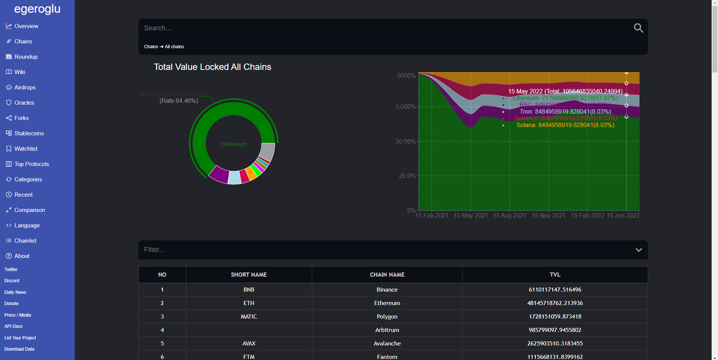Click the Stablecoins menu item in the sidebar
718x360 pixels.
click(x=29, y=133)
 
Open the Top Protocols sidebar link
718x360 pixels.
click(x=31, y=164)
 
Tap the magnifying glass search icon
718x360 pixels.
click(x=638, y=28)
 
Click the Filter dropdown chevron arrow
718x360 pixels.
click(x=639, y=250)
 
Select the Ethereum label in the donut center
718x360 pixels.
click(x=233, y=144)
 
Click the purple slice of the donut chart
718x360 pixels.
click(x=219, y=174)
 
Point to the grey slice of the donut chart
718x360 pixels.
click(x=267, y=151)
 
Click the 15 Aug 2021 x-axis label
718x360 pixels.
click(x=509, y=216)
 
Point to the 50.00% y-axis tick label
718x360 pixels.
click(x=405, y=141)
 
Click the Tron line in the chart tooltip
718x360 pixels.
click(x=565, y=112)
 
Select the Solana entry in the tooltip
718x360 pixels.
click(x=565, y=125)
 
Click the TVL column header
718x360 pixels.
click(x=555, y=275)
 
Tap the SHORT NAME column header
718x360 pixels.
click(x=249, y=275)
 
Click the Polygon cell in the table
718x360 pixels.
click(x=387, y=317)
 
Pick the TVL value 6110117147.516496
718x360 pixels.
click(x=555, y=290)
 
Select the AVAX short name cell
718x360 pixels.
click(x=249, y=344)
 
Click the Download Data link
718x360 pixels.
click(x=19, y=349)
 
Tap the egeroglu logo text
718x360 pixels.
click(x=37, y=9)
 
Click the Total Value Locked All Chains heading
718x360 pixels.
click(x=212, y=67)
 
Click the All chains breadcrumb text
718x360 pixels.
click(x=174, y=47)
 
